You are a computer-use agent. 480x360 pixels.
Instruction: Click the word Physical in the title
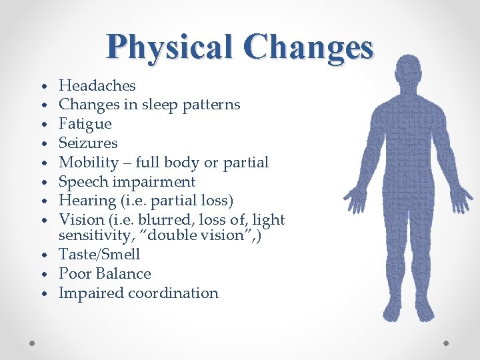(170, 47)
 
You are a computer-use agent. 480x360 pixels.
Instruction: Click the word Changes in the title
(308, 47)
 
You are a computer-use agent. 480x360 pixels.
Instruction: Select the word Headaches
(97, 85)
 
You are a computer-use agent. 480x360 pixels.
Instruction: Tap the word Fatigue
(85, 124)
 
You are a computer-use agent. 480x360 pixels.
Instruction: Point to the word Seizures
(88, 143)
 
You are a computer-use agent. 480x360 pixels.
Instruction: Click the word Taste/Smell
(99, 255)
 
